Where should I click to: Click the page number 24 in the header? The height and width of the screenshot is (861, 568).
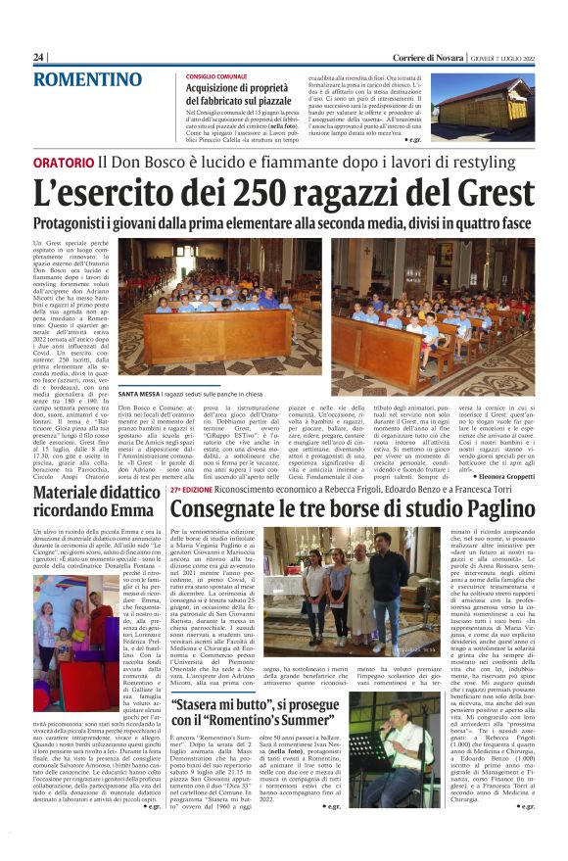tap(38, 57)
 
